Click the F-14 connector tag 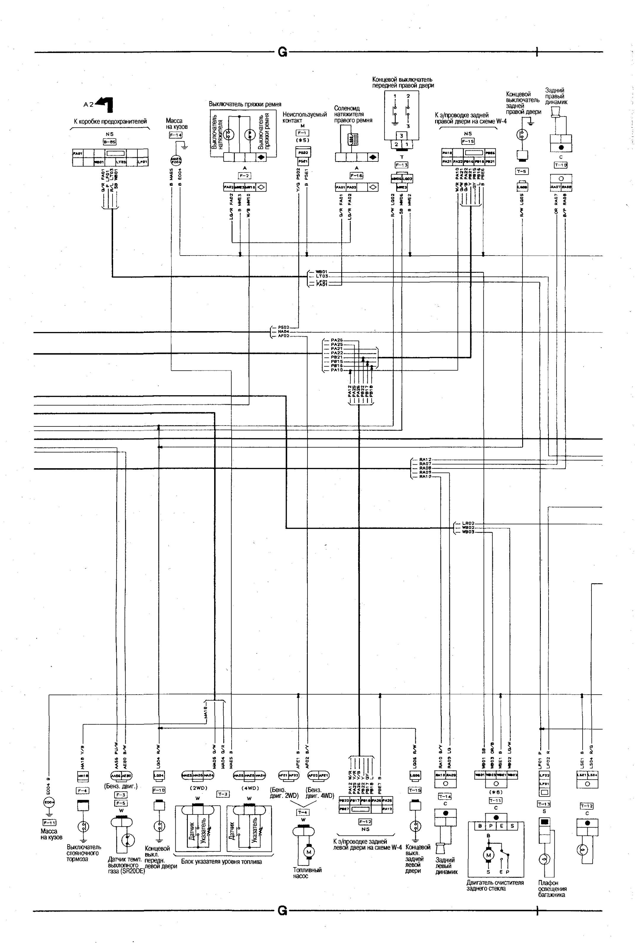pos(175,135)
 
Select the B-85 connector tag pos(109,142)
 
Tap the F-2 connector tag pos(245,176)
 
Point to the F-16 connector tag pos(356,176)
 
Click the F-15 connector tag pos(468,141)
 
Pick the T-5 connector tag pos(522,171)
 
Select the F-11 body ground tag pos(49,822)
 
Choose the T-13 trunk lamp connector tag pos(544,804)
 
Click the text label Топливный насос pos(307,873)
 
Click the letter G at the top pos(282,52)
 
